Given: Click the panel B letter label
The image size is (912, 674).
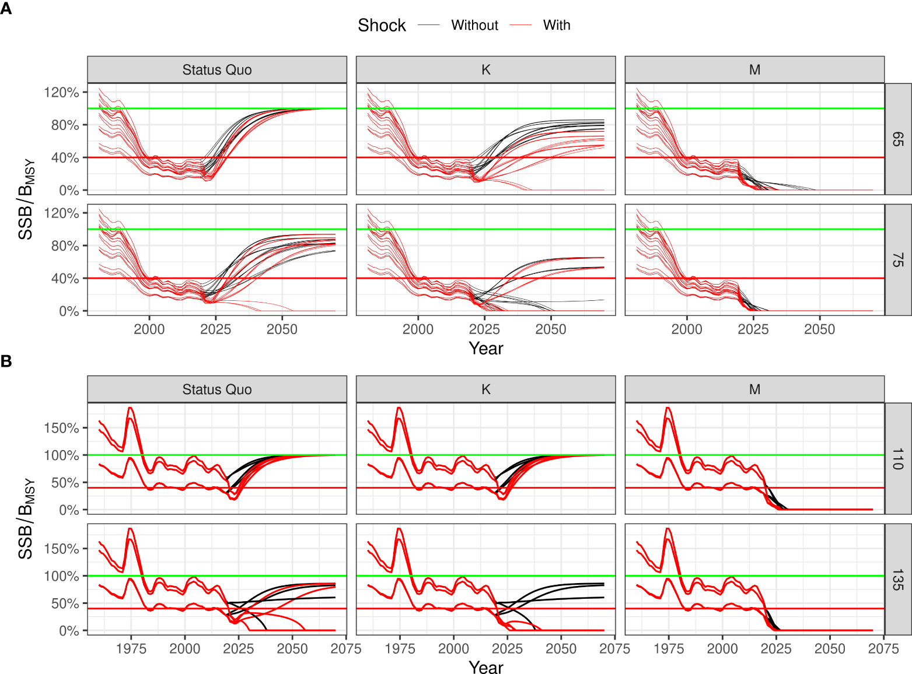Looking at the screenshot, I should pos(6,361).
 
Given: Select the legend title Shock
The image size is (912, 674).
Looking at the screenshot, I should pos(382,26).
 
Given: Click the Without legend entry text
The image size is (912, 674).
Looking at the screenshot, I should pos(474,26).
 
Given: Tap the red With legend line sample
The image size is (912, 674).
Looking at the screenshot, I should pos(520,26).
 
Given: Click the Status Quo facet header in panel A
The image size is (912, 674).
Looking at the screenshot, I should pos(217,70).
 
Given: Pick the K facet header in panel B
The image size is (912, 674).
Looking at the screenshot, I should pos(485,389).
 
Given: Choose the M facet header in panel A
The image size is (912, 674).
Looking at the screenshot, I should pos(754,70).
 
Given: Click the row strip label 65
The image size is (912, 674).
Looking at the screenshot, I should pos(898,139).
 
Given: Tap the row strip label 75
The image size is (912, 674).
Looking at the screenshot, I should pos(898,260).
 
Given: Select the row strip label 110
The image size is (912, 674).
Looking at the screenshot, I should pos(898,459).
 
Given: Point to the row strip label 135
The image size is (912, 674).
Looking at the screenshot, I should pos(898,580).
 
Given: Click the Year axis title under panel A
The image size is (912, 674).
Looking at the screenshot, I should pos(485,348).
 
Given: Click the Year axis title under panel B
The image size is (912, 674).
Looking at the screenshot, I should pos(485,667).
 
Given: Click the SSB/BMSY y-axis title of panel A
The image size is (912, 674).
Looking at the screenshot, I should pos(26,199).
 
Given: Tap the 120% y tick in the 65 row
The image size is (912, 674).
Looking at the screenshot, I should pos(61,92).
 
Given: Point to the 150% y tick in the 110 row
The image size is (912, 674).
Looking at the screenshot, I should pos(61,428).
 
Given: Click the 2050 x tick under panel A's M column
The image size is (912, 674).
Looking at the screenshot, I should pos(819,329).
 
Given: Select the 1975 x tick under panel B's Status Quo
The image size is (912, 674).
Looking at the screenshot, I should pos(131,648).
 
